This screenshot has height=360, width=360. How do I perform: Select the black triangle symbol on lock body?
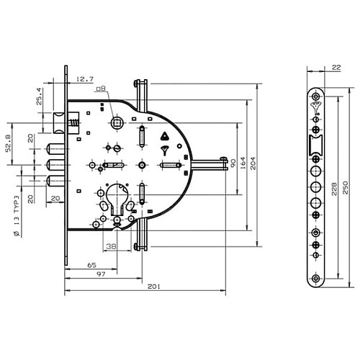coord(163,135)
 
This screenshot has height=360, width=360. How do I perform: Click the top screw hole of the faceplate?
coord(315,96)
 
